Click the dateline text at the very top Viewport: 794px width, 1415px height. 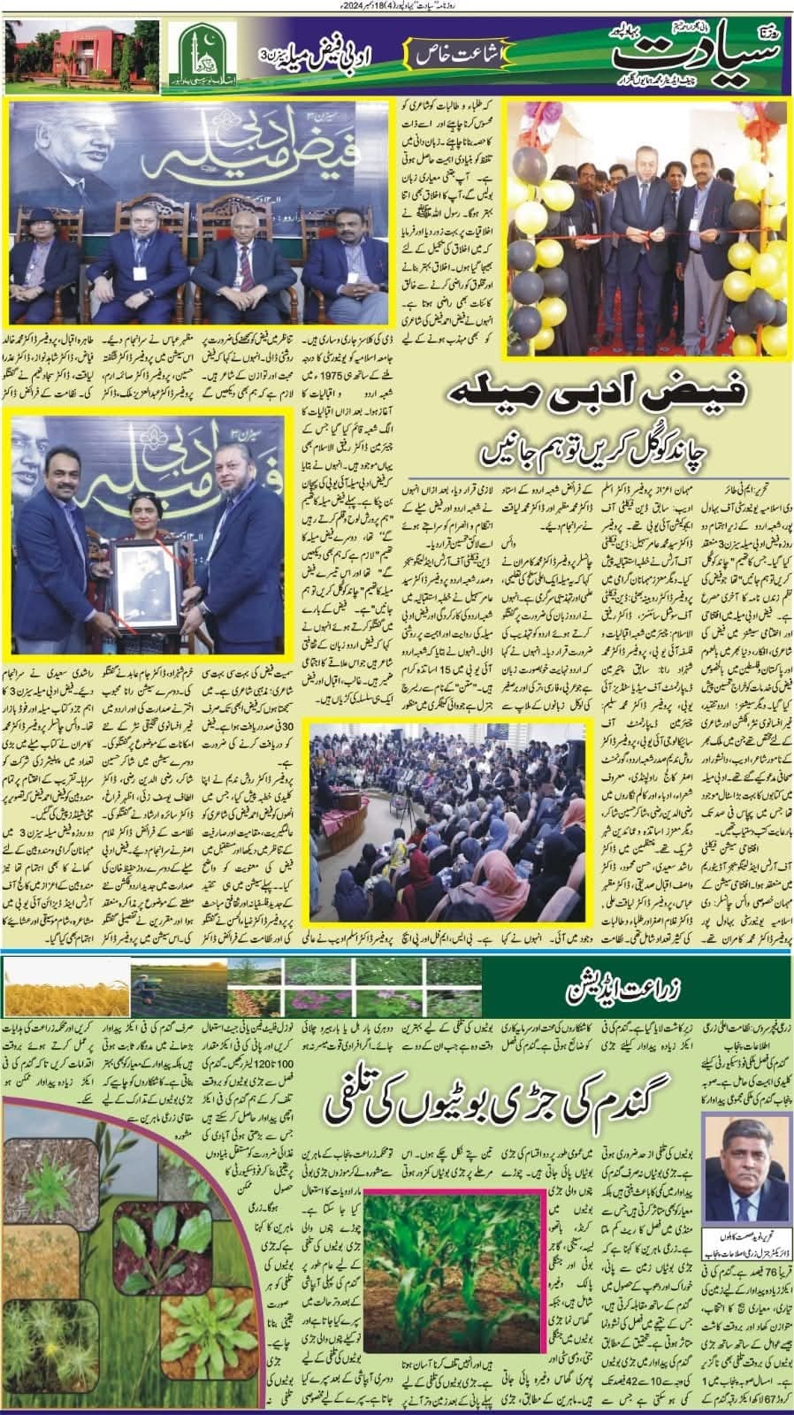[397, 6]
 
